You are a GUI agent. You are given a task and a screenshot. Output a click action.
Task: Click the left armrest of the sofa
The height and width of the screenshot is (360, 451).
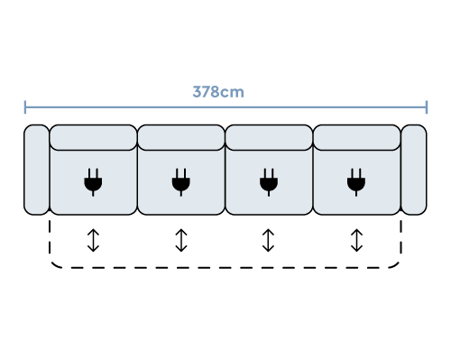click(36, 170)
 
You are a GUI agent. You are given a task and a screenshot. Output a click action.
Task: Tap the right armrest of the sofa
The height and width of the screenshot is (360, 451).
click(413, 170)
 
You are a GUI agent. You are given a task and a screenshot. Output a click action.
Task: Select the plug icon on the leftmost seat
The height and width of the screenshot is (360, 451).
click(93, 182)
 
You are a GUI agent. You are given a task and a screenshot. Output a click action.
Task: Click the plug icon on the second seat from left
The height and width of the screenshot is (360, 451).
click(180, 182)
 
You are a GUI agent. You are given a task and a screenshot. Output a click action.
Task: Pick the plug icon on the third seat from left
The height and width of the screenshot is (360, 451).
click(268, 182)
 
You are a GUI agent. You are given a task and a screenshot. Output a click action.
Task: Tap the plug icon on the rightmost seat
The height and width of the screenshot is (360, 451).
click(355, 182)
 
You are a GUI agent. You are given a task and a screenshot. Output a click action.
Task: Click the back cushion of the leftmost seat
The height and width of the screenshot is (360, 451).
click(93, 138)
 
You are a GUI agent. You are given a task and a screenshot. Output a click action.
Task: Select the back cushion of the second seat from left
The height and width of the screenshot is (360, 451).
click(180, 138)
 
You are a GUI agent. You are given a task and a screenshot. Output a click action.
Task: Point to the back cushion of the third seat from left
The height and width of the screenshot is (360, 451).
click(268, 138)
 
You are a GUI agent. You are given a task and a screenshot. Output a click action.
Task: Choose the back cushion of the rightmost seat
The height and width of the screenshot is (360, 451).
click(355, 138)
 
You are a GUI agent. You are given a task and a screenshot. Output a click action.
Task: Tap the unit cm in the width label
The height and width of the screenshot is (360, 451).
click(233, 92)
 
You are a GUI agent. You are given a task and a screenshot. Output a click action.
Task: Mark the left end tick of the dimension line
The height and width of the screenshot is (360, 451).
click(25, 107)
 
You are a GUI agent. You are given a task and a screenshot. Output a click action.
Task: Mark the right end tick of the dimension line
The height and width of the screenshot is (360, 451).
click(426, 107)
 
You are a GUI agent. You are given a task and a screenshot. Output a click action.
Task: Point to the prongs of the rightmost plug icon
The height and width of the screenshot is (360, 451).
click(355, 172)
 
